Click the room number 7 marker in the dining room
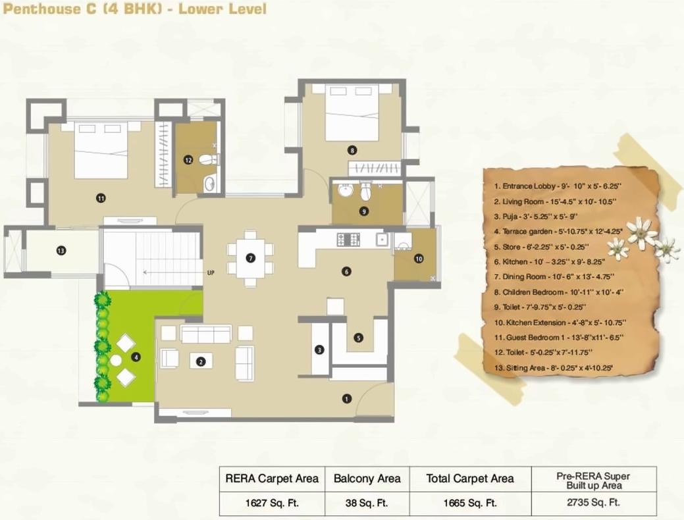pyautogui.click(x=250, y=258)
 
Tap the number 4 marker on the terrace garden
pyautogui.click(x=136, y=357)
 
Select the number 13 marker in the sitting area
pyautogui.click(x=61, y=250)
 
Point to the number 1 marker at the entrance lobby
pyautogui.click(x=346, y=398)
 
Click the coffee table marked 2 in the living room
pyautogui.click(x=201, y=361)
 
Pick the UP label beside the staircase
pyautogui.click(x=210, y=272)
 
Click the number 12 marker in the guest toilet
pyautogui.click(x=188, y=159)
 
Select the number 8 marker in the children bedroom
pyautogui.click(x=352, y=150)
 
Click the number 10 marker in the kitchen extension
pyautogui.click(x=418, y=259)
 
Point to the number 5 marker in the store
pyautogui.click(x=358, y=338)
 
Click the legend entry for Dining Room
pyautogui.click(x=554, y=277)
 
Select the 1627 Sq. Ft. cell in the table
pyautogui.click(x=272, y=503)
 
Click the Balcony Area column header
pyautogui.click(x=367, y=479)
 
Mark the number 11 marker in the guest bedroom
pyautogui.click(x=101, y=197)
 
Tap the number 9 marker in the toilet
pyautogui.click(x=364, y=211)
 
